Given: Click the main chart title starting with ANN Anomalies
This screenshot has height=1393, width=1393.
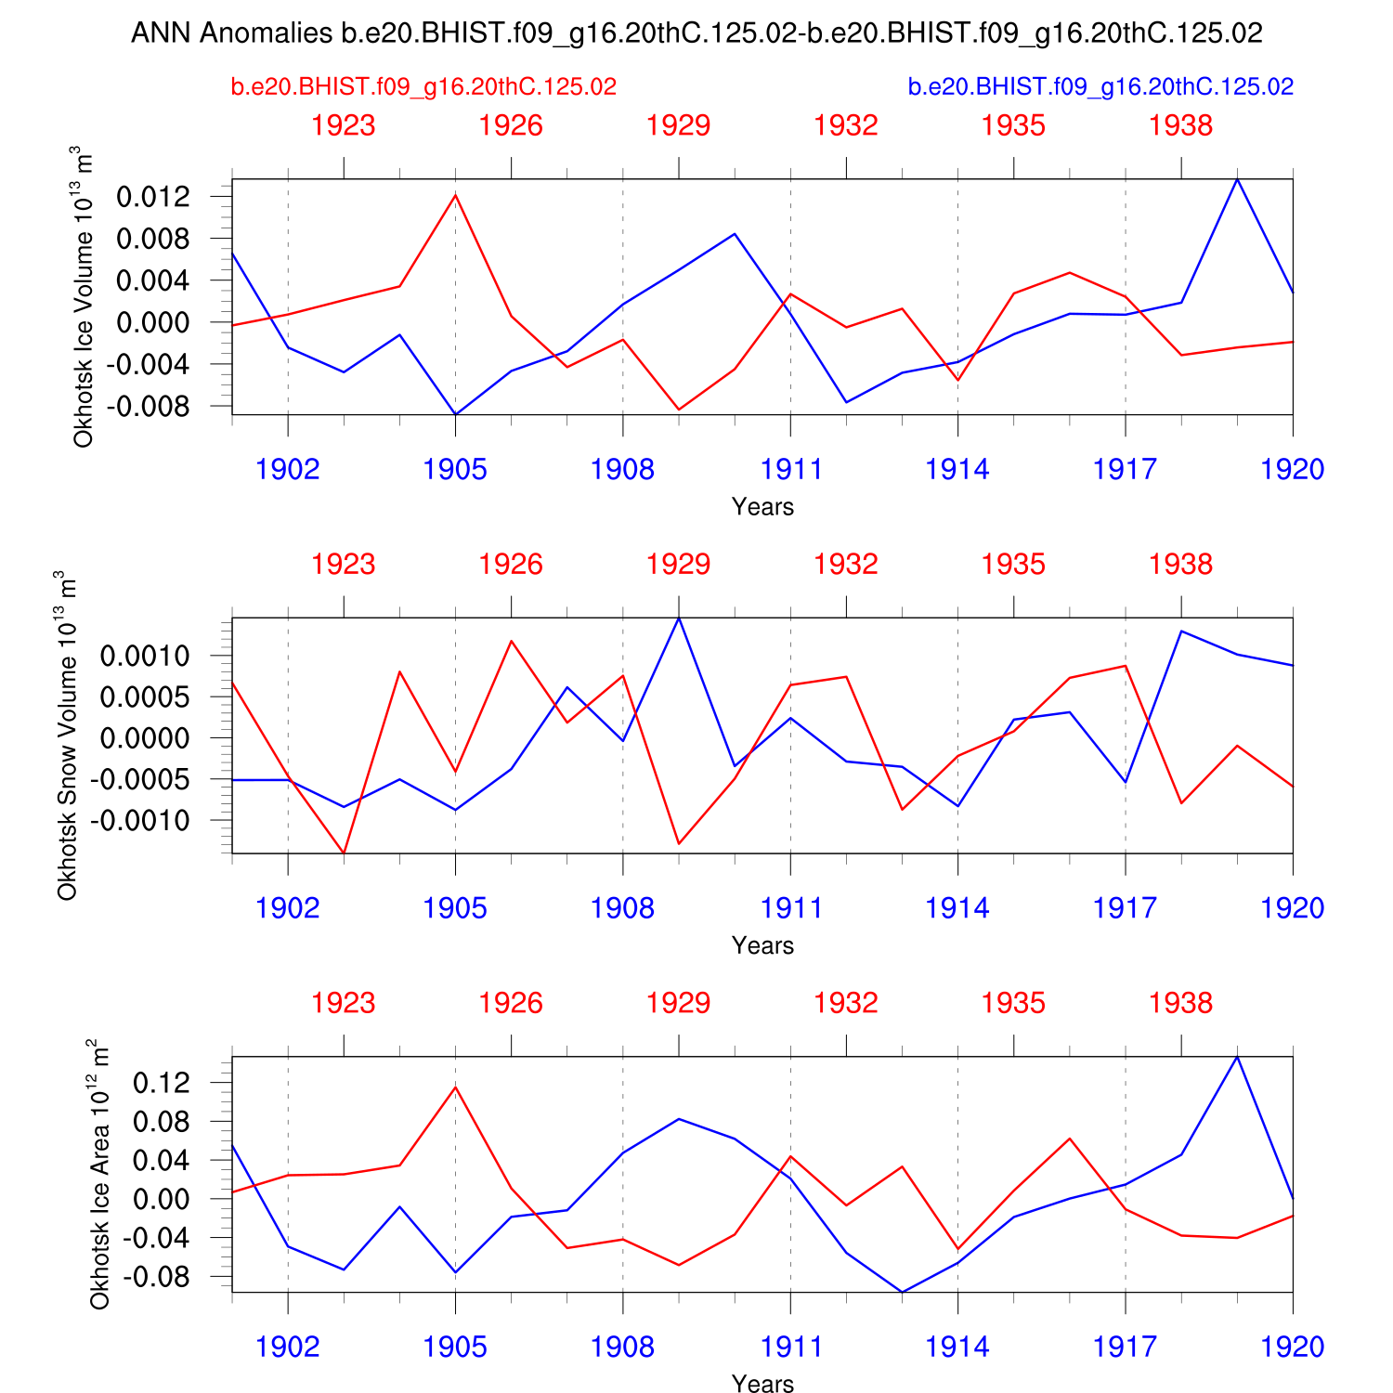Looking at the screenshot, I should pos(696,33).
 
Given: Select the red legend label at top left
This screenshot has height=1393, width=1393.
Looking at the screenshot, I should pos(423,87).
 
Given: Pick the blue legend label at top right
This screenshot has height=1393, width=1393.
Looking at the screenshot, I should pos(1100,87).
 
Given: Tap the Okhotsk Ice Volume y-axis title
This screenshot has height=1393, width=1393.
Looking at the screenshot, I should pos(84,297).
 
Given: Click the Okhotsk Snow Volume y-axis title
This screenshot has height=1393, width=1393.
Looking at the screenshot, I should pos(68,736).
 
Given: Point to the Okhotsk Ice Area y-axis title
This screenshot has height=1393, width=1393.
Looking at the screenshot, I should pos(99,1174).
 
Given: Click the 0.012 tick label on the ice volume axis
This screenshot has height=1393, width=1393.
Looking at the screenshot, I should pos(153,197).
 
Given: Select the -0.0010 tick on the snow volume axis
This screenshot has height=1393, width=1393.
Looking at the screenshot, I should pos(145,821).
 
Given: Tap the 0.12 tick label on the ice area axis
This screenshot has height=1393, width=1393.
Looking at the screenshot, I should pos(162,1083).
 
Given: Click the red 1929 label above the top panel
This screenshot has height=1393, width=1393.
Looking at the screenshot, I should pos(679,125).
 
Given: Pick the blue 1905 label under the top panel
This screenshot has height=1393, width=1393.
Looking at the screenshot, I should pos(455,470).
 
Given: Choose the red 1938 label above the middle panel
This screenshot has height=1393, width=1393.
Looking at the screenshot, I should pos(1180,565).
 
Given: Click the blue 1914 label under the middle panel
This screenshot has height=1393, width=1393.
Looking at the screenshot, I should pos(957,908).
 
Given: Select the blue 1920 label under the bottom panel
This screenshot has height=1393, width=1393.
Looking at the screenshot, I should pos(1292,1347).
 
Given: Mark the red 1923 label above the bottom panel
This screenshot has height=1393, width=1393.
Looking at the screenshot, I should pos(344,1004).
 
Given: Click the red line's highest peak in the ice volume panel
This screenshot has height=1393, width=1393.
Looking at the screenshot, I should pos(455,194).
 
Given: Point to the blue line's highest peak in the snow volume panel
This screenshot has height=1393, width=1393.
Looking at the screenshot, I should pos(679,618).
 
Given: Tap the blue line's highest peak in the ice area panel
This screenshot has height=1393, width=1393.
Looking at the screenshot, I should pos(1237,1057).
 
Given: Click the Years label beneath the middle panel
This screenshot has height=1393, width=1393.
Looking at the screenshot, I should pos(762,946).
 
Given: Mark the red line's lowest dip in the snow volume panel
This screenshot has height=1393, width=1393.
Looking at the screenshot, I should pos(344,853).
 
